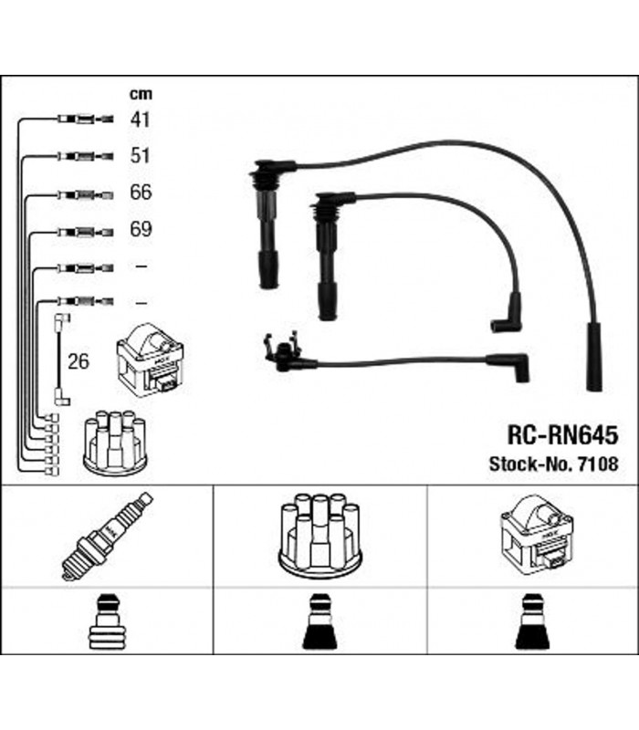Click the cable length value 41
[140, 120]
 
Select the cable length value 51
[140, 155]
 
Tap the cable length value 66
[140, 193]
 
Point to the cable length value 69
[140, 230]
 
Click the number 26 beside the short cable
[79, 362]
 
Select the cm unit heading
[140, 93]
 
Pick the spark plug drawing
[106, 536]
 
